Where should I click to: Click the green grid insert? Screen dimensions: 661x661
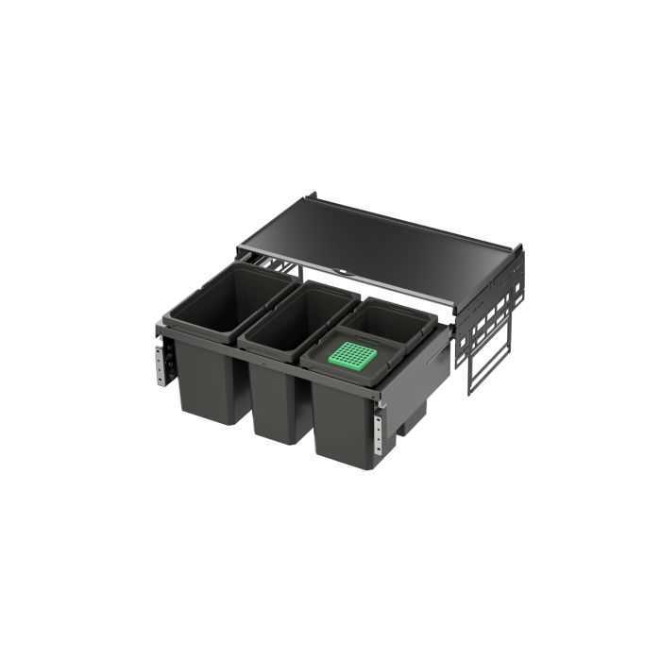(x=352, y=356)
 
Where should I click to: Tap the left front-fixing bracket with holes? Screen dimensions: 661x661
(x=161, y=364)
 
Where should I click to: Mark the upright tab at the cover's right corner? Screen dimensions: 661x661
(x=517, y=252)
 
